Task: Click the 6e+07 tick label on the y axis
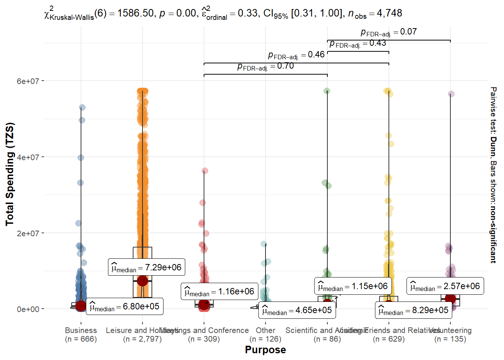click(x=28, y=81)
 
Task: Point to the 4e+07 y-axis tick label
click(x=28, y=157)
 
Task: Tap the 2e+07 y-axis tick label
click(x=28, y=233)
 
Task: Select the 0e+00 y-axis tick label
click(x=28, y=309)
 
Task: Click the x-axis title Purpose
click(x=265, y=349)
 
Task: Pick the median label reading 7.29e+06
click(x=146, y=267)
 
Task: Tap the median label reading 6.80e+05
click(x=124, y=306)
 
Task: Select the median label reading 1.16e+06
click(x=219, y=291)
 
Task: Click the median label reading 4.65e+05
click(x=297, y=310)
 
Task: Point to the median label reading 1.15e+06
click(x=353, y=286)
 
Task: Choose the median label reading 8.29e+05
click(x=413, y=310)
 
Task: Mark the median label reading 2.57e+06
click(x=445, y=286)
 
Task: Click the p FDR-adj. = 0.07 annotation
click(x=388, y=32)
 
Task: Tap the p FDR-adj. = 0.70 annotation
click(x=265, y=66)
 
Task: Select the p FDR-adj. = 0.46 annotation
click(x=296, y=55)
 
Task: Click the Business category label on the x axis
click(x=81, y=330)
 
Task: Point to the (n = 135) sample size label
click(x=450, y=339)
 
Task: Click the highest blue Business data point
click(x=82, y=108)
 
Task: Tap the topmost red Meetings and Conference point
click(x=205, y=171)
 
